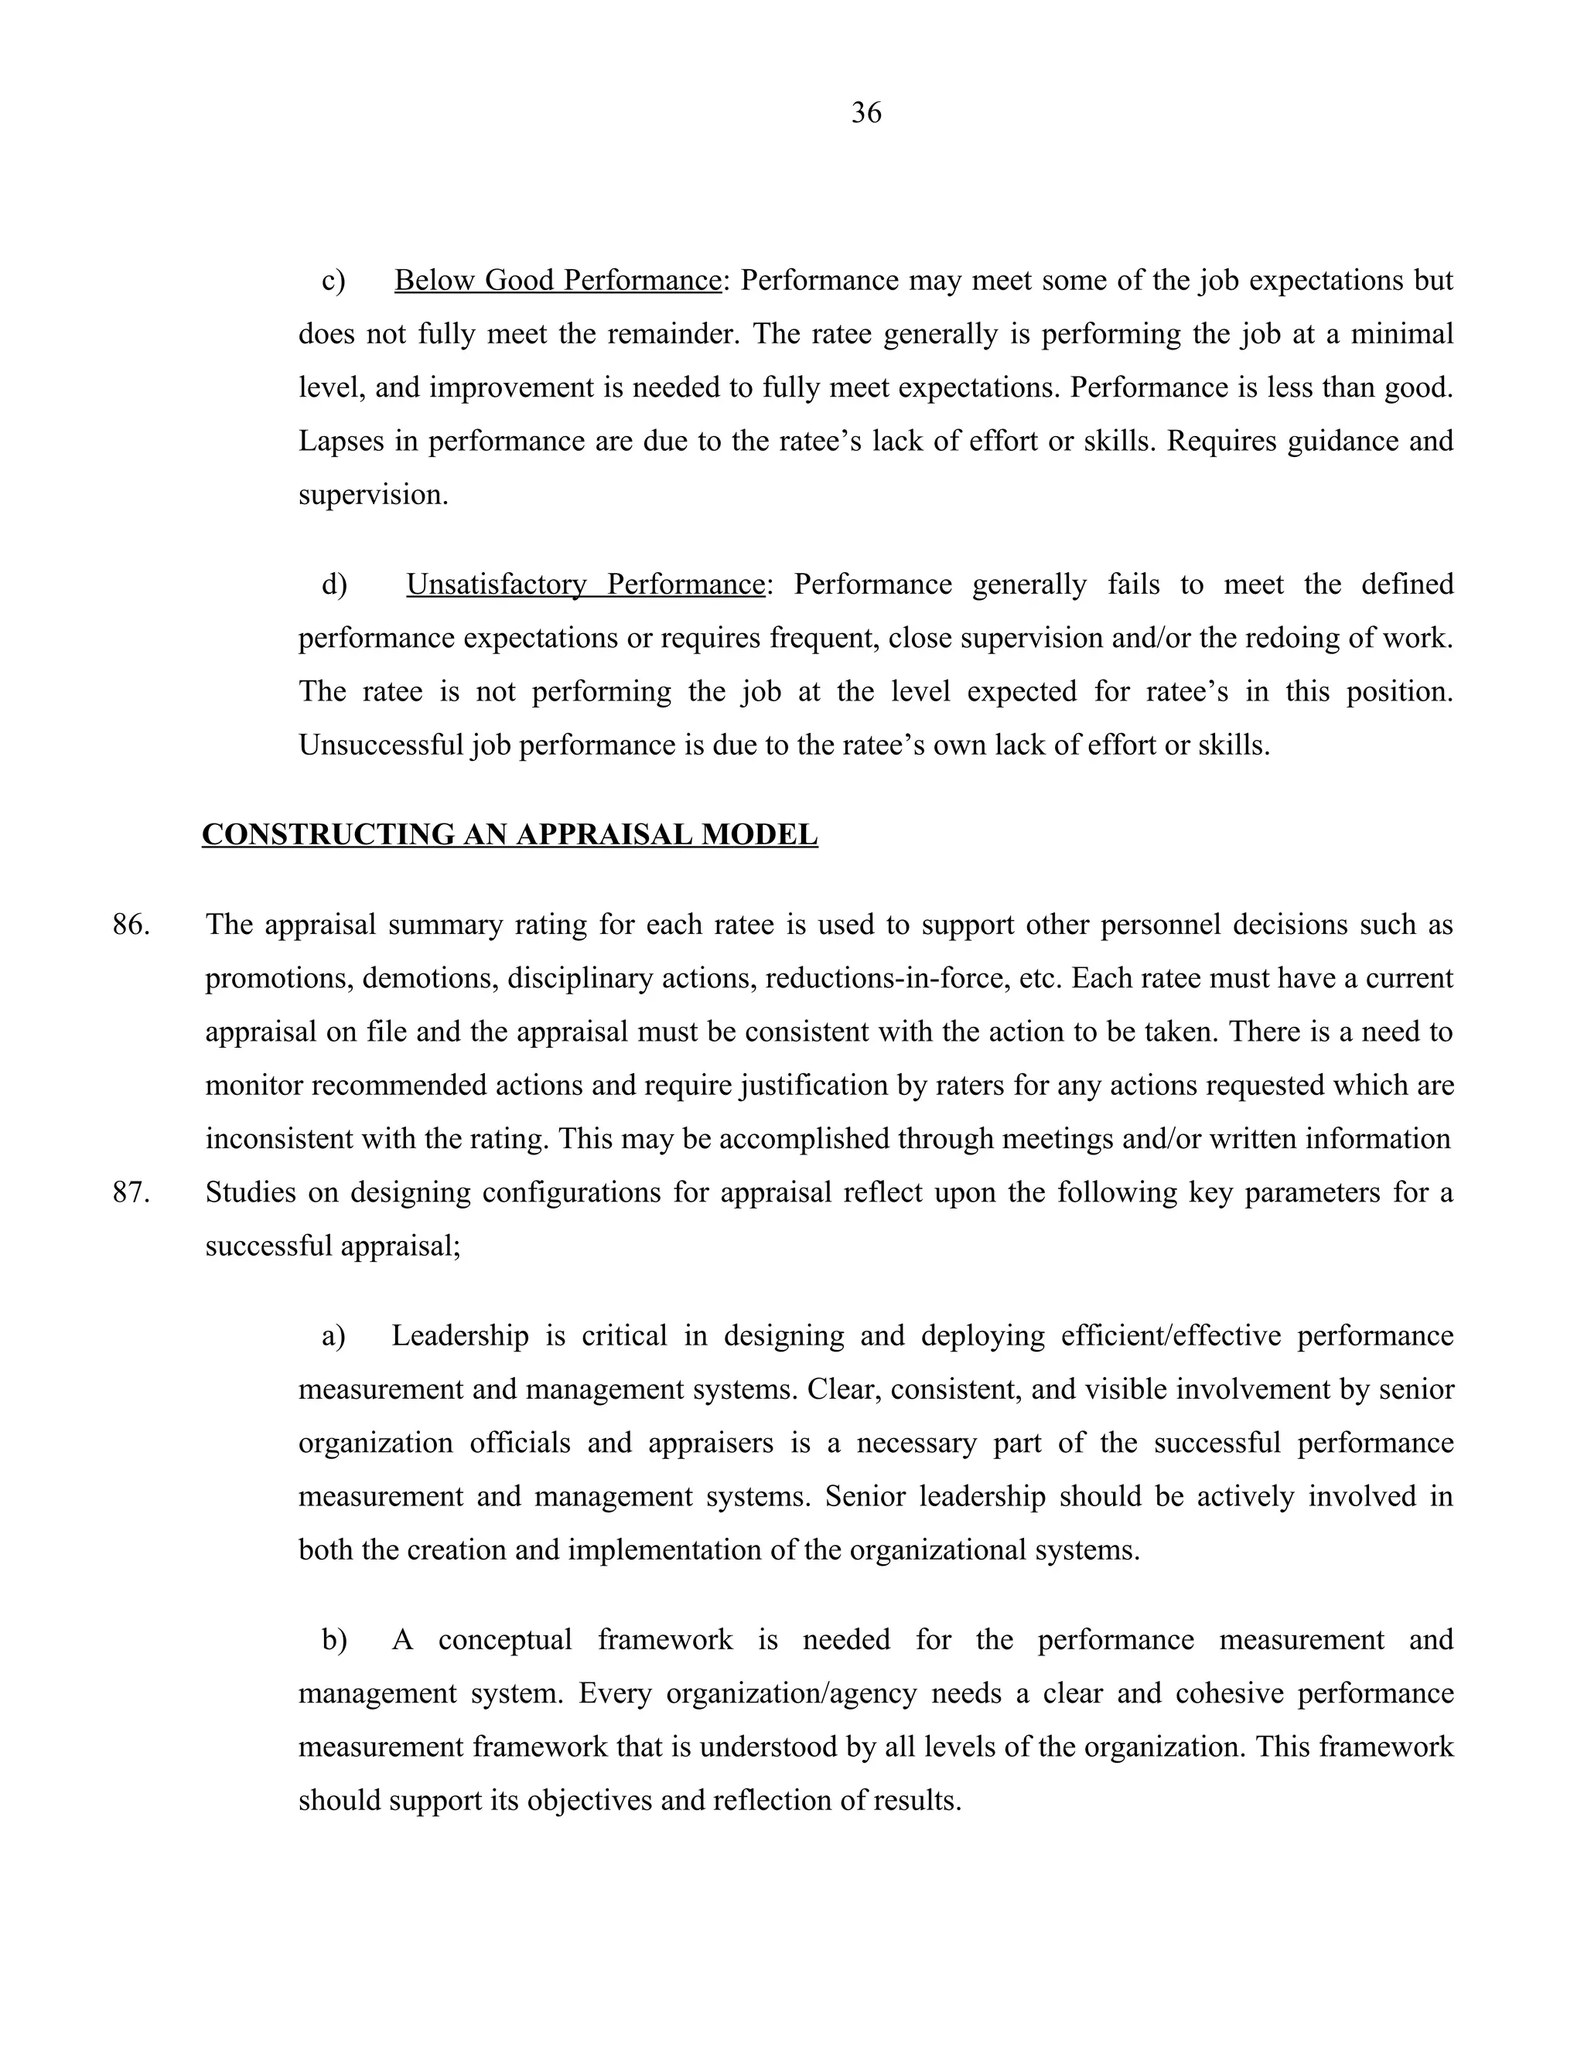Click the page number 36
click(865, 113)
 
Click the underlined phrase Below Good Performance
click(556, 281)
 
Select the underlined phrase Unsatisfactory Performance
click(585, 585)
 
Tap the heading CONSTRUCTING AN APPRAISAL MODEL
click(510, 834)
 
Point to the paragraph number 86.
click(131, 925)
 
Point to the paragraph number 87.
click(131, 1192)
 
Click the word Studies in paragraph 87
click(251, 1192)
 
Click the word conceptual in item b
click(504, 1640)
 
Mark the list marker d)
click(334, 585)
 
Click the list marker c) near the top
click(333, 281)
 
